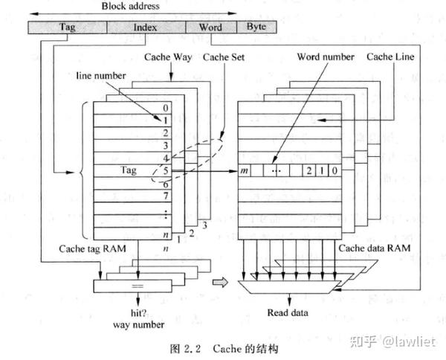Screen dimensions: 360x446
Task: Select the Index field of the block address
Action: pos(145,28)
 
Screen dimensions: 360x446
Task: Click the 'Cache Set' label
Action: pos(224,56)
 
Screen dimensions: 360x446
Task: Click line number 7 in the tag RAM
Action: pos(165,196)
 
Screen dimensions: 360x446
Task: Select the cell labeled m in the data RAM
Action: pos(245,171)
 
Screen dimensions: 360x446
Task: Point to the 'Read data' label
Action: pos(288,312)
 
